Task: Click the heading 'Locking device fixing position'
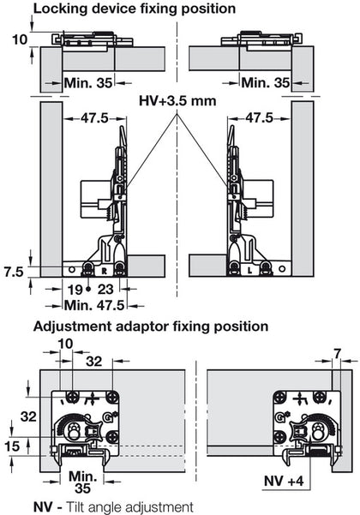tap(121, 9)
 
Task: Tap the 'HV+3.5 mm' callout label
tap(177, 100)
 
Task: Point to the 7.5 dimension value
tap(12, 272)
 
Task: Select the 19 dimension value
tap(75, 290)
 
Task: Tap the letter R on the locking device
tap(104, 269)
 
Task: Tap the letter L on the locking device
tap(249, 269)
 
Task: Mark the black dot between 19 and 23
tap(88, 290)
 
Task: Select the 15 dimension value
tap(11, 446)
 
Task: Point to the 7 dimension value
tap(339, 352)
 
